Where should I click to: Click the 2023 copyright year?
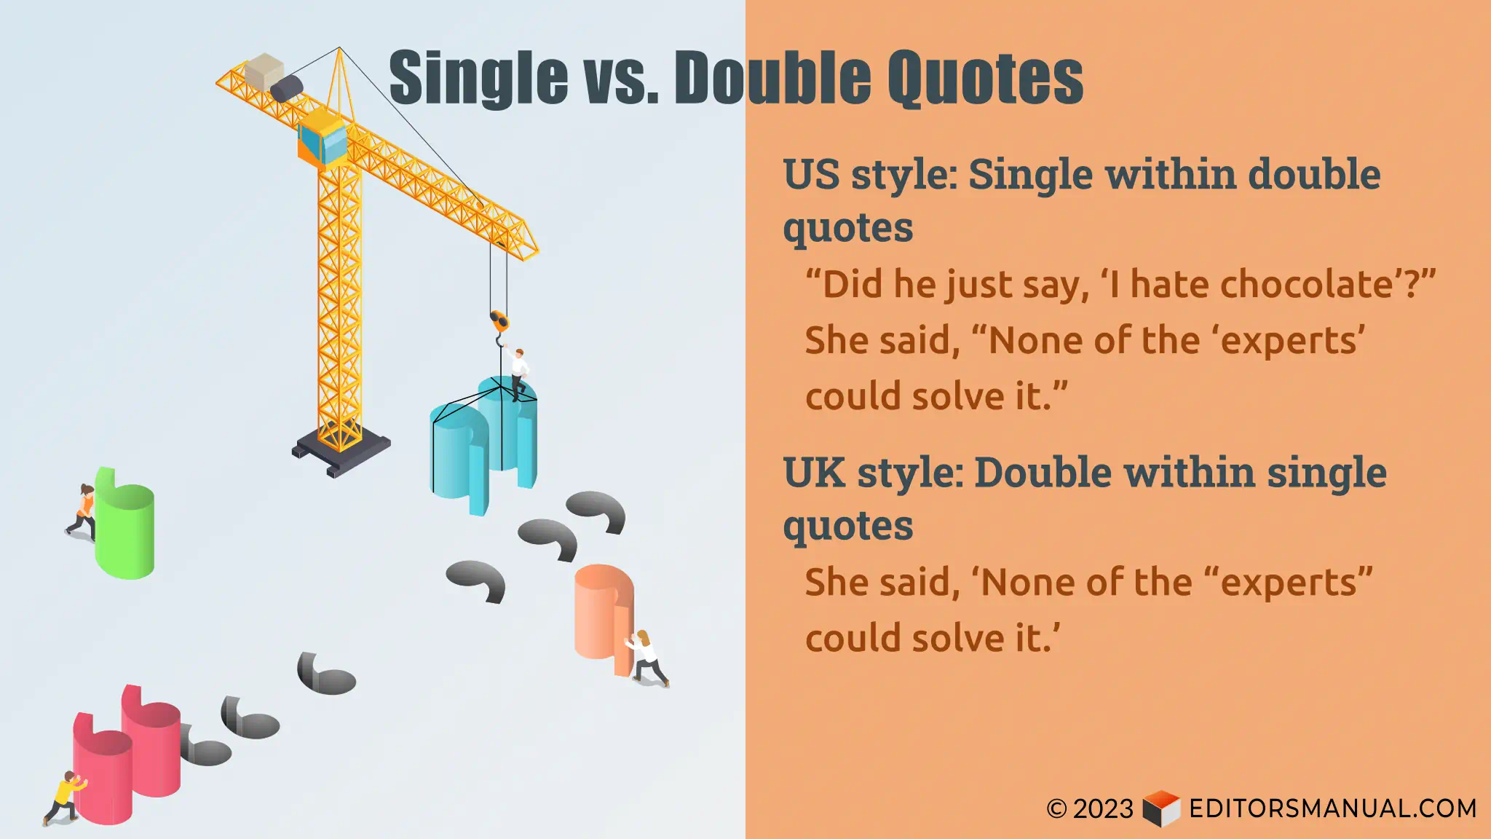[1102, 809]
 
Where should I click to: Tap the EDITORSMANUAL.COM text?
[1332, 808]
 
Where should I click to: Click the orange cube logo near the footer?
[1160, 808]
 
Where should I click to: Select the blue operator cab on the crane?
[323, 138]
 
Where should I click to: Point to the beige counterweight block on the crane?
[263, 71]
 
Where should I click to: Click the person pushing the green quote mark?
[83, 511]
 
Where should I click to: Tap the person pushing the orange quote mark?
[646, 658]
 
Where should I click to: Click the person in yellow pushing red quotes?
[66, 797]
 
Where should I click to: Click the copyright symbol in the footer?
[1056, 809]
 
